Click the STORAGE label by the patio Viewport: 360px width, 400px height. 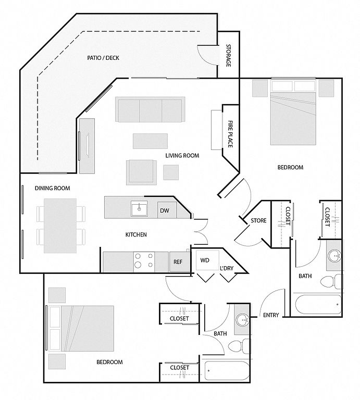[228, 56]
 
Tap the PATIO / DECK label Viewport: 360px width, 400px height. [103, 58]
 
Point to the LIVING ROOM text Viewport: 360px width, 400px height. [182, 156]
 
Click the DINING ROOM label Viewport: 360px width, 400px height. [52, 188]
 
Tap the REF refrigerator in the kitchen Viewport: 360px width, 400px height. [178, 262]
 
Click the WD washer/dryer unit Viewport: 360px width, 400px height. [205, 260]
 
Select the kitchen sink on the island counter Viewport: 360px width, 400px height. [139, 209]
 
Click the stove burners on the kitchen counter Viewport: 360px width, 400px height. [144, 260]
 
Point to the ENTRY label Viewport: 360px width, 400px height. [271, 315]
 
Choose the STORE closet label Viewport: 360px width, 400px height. [258, 221]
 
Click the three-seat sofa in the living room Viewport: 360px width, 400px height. [151, 110]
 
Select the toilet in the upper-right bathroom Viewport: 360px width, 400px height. [329, 283]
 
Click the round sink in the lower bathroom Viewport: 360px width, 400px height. [242, 320]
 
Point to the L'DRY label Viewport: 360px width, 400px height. [226, 268]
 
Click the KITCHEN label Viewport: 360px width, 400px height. [136, 235]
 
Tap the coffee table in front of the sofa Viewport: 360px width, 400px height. [150, 141]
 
